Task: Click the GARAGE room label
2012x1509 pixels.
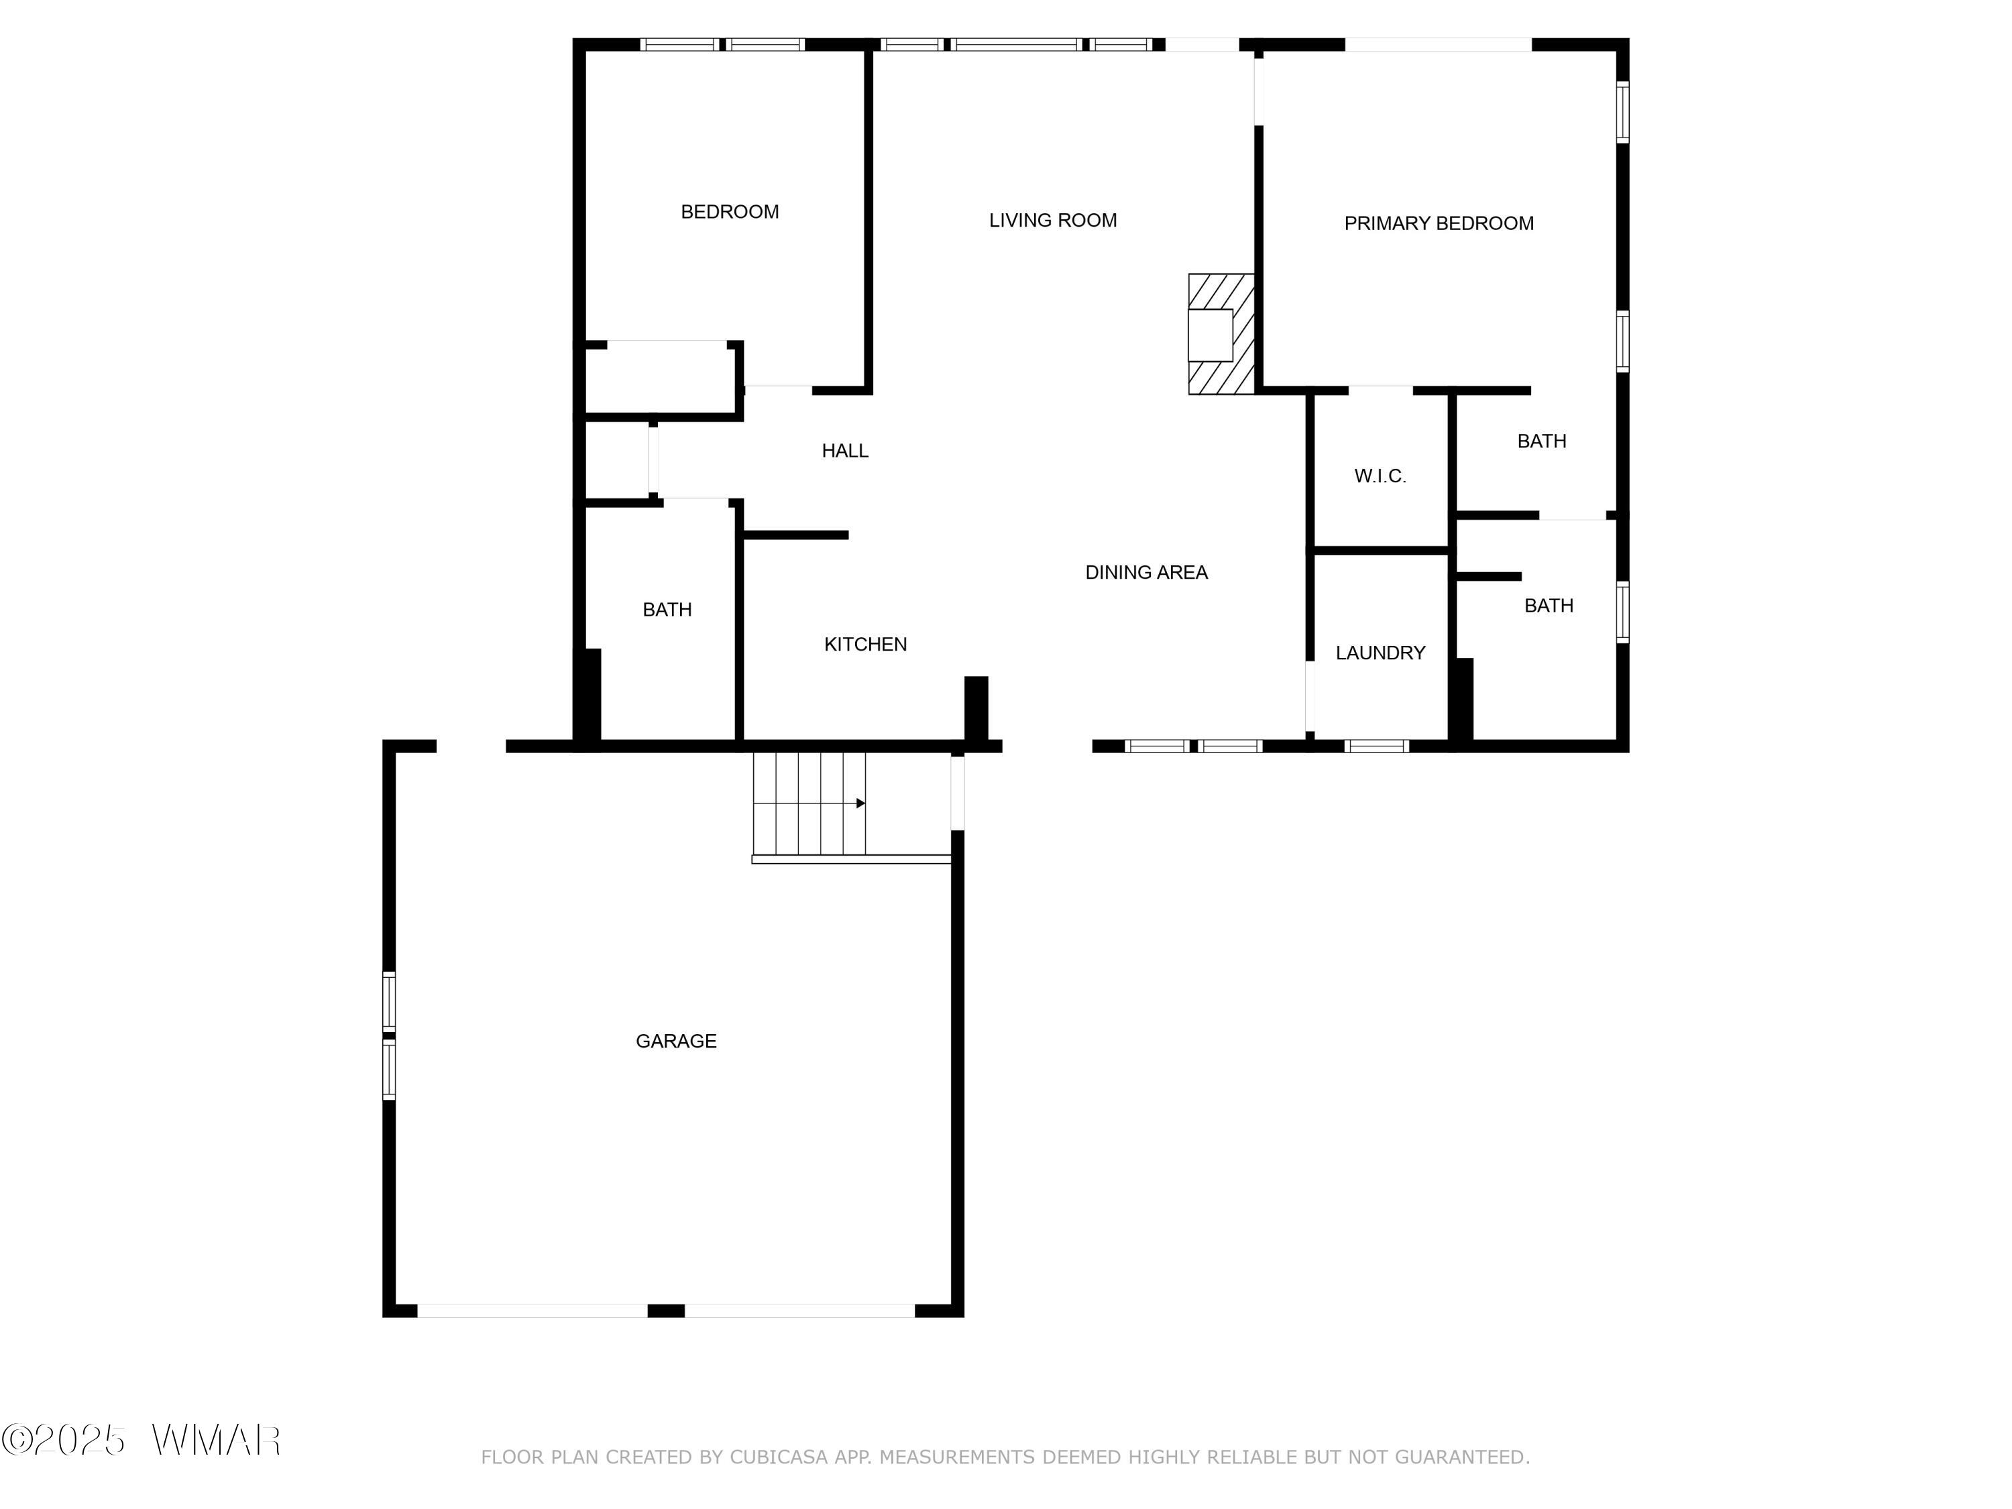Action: pos(676,1041)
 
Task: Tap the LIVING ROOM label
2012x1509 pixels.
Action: pos(1052,220)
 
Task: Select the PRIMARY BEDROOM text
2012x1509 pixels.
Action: pos(1438,223)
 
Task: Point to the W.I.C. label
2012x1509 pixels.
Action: pos(1380,476)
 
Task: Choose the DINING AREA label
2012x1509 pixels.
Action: pos(1146,572)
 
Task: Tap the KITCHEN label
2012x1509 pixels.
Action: pos(865,644)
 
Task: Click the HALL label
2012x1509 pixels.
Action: pos(845,450)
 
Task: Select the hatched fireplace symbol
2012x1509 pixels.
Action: pos(1221,334)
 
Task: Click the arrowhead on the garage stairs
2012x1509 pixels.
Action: pos(860,803)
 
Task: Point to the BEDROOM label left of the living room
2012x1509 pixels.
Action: pos(730,212)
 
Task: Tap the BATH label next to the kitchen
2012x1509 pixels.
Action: pos(667,610)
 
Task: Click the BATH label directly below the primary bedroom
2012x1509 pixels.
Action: pos(1542,441)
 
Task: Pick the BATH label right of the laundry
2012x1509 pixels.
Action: pos(1548,606)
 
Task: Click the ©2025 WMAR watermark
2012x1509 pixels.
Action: pos(141,1440)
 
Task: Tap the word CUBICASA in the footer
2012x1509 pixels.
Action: pos(778,1457)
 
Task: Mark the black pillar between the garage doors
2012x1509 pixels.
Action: pos(666,1310)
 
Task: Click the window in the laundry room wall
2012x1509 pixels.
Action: pos(1376,746)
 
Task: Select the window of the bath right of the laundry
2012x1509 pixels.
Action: pos(1623,612)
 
